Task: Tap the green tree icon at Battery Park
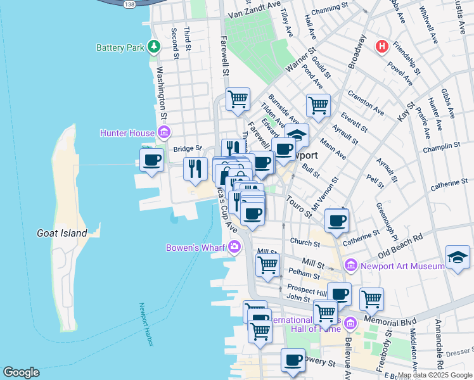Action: point(153,47)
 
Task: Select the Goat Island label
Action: point(61,233)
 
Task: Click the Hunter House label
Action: point(127,133)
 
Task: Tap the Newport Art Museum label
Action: point(402,267)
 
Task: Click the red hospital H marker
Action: point(381,46)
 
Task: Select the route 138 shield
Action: point(129,4)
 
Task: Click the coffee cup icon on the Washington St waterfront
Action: point(152,159)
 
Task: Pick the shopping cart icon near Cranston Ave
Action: point(317,104)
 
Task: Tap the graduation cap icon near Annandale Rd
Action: point(458,256)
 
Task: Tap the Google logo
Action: point(21,372)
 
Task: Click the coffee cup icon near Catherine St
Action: point(336,220)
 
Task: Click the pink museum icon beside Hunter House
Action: point(163,132)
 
